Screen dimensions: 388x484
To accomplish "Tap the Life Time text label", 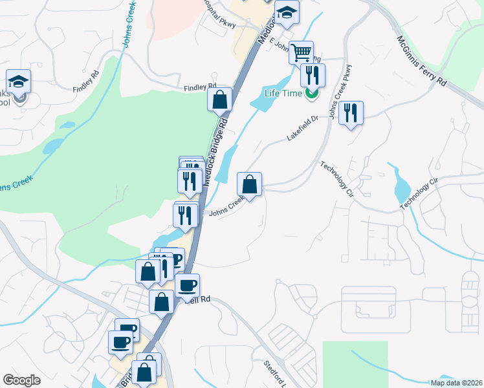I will (284, 92).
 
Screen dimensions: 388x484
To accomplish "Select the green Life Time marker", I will (312, 93).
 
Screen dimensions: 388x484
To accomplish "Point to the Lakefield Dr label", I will (303, 127).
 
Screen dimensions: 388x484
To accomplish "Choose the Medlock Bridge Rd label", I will (217, 148).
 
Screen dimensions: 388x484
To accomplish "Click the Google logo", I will (21, 380).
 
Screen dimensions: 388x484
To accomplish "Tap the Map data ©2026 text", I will (456, 382).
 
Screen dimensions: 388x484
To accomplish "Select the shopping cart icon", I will (301, 52).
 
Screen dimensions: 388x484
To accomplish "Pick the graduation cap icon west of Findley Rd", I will (19, 81).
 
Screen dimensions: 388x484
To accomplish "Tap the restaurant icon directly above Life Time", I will (313, 74).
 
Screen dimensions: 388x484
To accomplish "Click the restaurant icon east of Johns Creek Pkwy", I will (351, 113).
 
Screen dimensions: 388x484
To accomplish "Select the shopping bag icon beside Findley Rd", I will (219, 100).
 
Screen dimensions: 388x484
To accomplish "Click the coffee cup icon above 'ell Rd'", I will (188, 285).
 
